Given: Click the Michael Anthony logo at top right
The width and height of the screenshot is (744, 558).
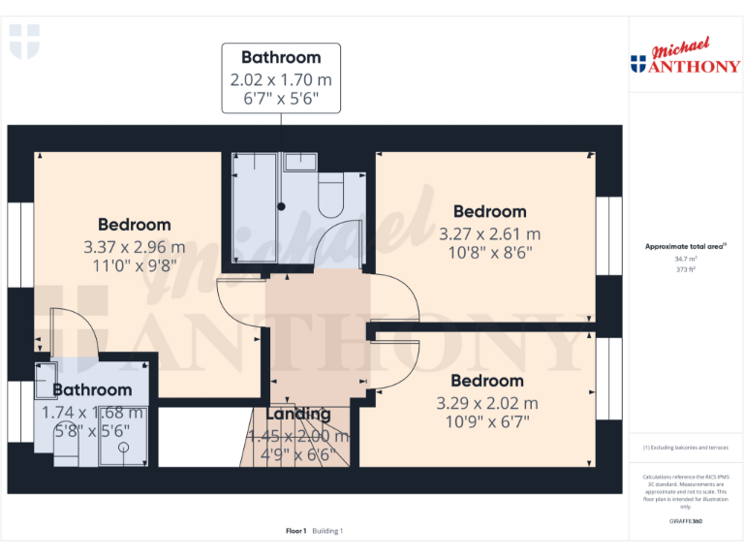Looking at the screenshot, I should [x=685, y=58].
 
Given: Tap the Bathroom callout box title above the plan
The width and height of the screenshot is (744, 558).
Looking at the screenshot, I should [x=281, y=57].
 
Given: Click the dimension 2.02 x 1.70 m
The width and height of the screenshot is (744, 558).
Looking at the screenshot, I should [x=281, y=78].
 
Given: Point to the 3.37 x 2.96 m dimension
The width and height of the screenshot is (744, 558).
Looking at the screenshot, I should [x=134, y=246].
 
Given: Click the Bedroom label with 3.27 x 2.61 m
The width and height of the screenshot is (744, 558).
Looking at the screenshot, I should [x=489, y=211].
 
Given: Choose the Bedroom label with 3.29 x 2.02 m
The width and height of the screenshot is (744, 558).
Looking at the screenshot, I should [x=486, y=381].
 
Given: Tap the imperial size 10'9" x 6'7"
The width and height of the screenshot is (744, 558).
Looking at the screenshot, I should [x=486, y=421].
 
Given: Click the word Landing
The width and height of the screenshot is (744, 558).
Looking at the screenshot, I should [x=297, y=415].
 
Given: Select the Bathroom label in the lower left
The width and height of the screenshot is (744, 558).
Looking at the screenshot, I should [x=92, y=390].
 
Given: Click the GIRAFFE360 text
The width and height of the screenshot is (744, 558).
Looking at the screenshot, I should [x=685, y=522].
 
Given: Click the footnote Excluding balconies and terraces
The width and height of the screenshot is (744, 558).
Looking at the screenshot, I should [x=685, y=448].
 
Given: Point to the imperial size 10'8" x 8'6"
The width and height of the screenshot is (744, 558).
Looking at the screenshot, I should [x=489, y=253].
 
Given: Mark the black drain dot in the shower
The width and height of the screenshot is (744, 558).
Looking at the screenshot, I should [x=282, y=206].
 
